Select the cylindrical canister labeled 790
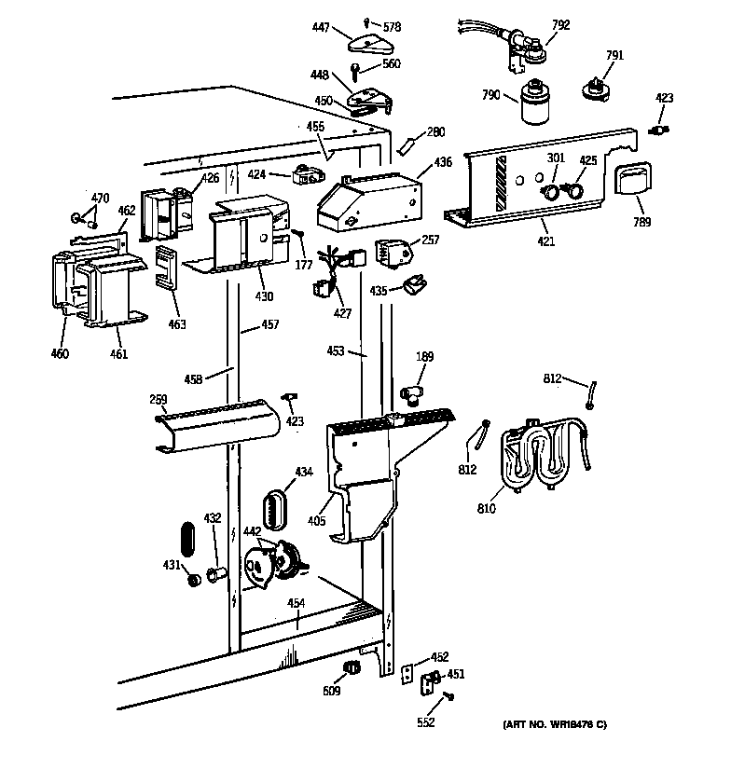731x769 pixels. tap(536, 104)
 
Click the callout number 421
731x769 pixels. tap(545, 242)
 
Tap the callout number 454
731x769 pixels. tap(296, 603)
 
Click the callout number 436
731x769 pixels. tap(443, 162)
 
